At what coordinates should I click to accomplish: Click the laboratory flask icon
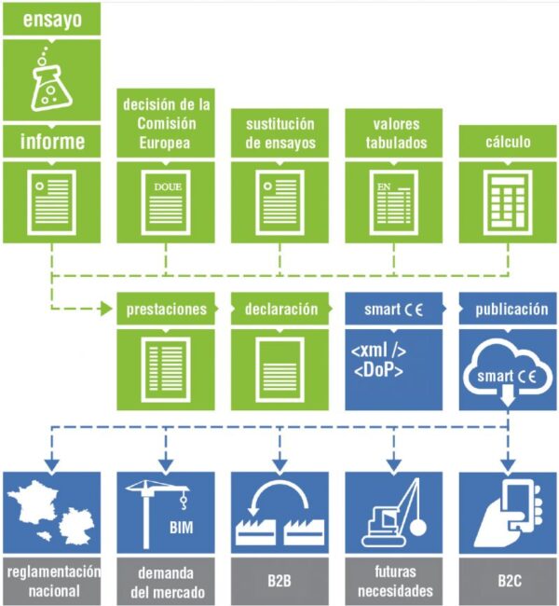52,82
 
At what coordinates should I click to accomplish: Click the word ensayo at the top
52,19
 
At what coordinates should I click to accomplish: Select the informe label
52,143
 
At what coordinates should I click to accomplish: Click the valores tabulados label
393,132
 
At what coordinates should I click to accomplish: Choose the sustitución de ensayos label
279,132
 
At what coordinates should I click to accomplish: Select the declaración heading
279,310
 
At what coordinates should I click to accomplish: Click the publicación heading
509,310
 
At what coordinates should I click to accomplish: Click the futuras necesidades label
393,581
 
